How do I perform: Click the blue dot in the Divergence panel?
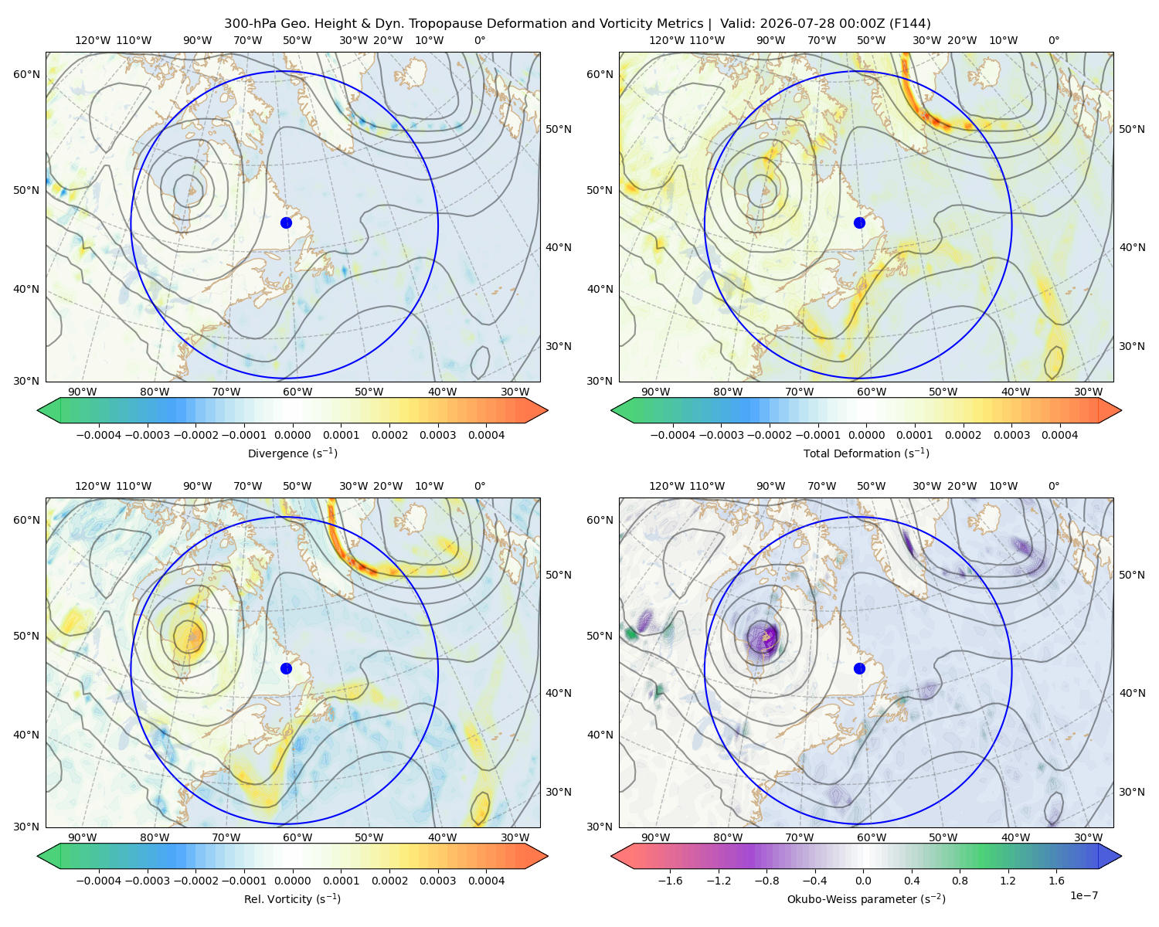(x=286, y=222)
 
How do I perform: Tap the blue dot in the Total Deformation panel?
(x=859, y=222)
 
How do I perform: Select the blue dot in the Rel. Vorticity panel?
(x=286, y=668)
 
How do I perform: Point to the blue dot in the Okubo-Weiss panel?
(x=859, y=668)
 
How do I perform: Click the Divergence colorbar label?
(x=292, y=453)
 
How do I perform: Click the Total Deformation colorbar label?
(x=866, y=453)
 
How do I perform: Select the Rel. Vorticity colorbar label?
(x=292, y=898)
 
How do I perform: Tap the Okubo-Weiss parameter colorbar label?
(x=866, y=898)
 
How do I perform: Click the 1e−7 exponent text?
(x=1083, y=895)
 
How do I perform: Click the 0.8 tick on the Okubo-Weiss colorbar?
(x=960, y=880)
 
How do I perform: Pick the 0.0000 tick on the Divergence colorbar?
(x=292, y=435)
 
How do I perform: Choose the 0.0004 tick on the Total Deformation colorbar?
(x=1059, y=435)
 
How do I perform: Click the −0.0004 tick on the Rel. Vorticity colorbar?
(x=99, y=880)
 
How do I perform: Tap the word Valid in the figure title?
(x=737, y=23)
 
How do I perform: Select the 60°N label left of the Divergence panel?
(x=26, y=74)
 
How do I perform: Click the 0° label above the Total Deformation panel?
(x=1053, y=40)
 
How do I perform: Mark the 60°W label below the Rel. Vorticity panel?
(x=297, y=837)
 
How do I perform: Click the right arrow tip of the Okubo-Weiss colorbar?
(x=1121, y=855)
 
